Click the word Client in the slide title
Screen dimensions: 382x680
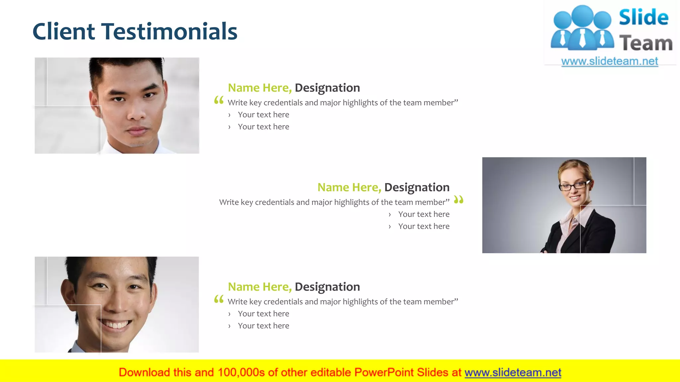[64, 32]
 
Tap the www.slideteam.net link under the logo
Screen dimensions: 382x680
[610, 61]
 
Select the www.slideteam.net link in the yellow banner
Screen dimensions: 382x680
[513, 373]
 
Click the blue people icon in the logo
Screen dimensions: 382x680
[582, 28]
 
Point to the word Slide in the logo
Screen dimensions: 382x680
[643, 18]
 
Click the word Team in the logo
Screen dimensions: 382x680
[646, 43]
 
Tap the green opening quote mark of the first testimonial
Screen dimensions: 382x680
[219, 100]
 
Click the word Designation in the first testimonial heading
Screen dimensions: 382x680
[327, 88]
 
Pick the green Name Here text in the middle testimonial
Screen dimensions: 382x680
[349, 187]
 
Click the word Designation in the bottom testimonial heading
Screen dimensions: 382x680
[327, 287]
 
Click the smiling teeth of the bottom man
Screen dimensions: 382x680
[115, 325]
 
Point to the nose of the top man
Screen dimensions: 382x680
[136, 113]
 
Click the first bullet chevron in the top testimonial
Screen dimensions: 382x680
[229, 115]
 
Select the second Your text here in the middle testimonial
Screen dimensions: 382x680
[424, 226]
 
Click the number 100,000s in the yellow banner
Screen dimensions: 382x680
[241, 373]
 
